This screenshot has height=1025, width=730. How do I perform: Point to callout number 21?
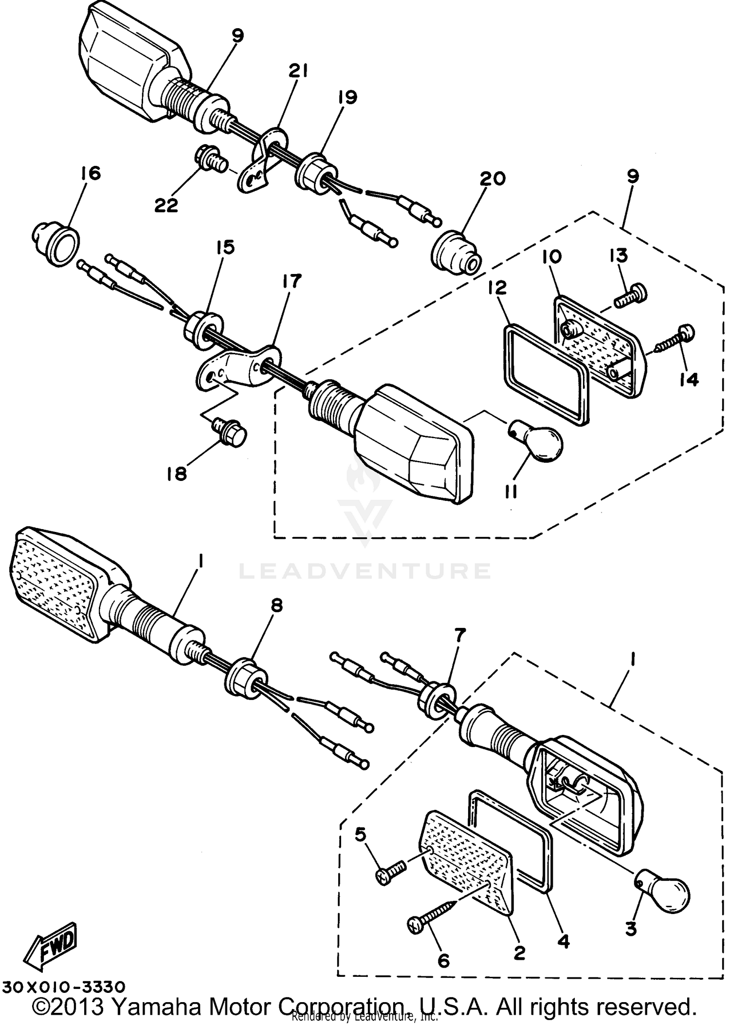(297, 72)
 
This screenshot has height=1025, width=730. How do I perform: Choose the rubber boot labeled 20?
(456, 253)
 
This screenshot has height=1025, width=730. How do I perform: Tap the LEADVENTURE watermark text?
(365, 570)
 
